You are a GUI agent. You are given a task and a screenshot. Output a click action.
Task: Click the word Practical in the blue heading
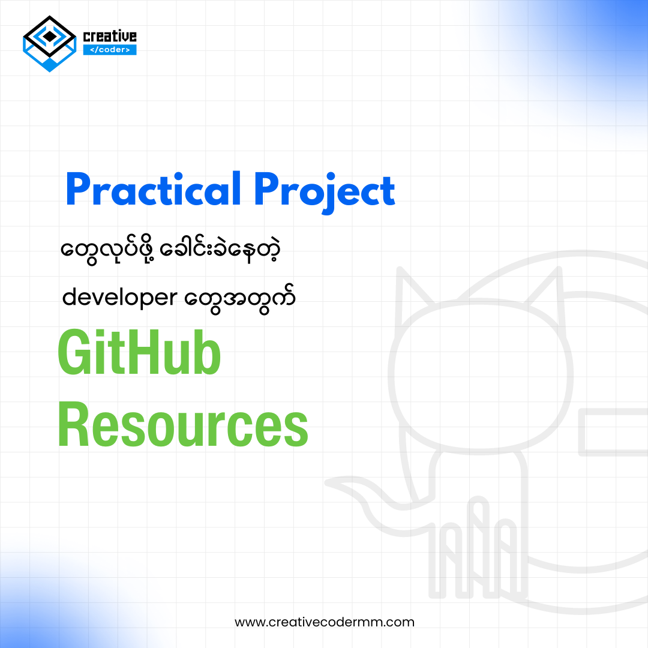pos(154,189)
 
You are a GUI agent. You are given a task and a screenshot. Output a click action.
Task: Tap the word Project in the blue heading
pos(325,192)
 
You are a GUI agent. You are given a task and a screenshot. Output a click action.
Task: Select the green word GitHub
pos(139,352)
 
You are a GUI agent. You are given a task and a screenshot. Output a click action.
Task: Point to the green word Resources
pos(183,424)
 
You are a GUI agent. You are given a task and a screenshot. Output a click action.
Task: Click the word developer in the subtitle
pos(120,297)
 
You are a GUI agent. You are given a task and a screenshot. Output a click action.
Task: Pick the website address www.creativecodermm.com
pos(325,622)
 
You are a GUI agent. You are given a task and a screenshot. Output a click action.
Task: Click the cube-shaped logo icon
pos(50,44)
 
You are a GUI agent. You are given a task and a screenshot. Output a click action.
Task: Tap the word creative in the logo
pos(110,36)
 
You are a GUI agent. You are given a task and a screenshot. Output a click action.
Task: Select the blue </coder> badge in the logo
pos(110,50)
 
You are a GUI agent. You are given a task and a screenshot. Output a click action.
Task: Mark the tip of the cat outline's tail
pos(329,482)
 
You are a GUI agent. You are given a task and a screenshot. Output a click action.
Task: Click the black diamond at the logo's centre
pos(50,37)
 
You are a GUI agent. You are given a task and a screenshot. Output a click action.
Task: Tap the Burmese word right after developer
pos(239,298)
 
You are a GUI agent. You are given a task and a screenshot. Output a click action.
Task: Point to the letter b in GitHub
pos(206,353)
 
